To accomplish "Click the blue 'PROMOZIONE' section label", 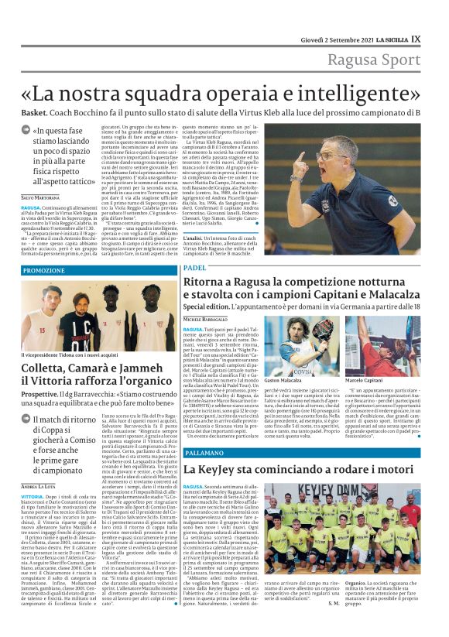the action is (44, 270).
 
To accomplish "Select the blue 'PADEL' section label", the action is (195, 267).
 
